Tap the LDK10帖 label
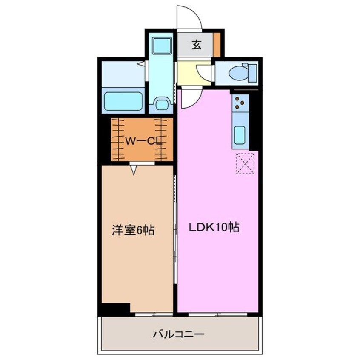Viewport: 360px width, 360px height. pyautogui.click(x=214, y=227)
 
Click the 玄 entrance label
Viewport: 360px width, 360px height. pyautogui.click(x=196, y=45)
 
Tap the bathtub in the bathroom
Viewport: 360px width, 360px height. pyautogui.click(x=123, y=101)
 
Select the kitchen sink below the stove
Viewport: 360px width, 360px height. pyautogui.click(x=240, y=135)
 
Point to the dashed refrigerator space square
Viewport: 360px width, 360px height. pyautogui.click(x=245, y=163)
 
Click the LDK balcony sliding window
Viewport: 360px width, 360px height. pyautogui.click(x=218, y=314)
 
